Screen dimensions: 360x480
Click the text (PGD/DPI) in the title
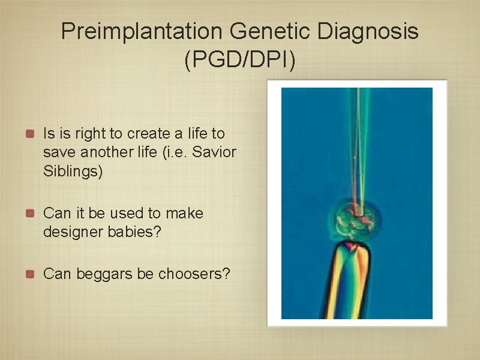240,60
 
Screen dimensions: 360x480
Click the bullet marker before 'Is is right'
29,133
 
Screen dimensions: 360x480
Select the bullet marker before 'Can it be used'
29,213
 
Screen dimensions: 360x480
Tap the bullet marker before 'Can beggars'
29,274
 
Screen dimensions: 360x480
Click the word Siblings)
73,171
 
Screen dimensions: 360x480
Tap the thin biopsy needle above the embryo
359,150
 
